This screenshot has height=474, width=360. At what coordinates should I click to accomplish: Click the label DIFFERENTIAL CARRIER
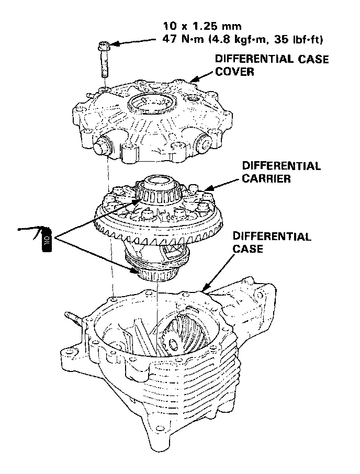pyautogui.click(x=281, y=172)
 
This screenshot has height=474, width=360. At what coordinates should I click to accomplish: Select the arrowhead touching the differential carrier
pyautogui.click(x=206, y=189)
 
